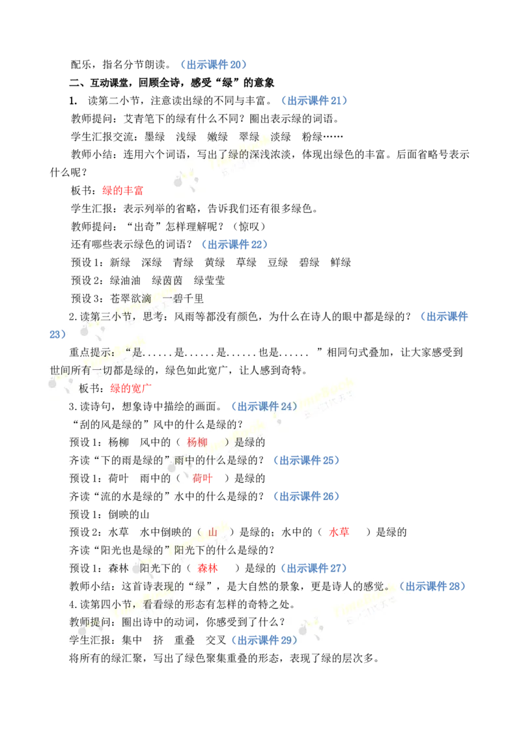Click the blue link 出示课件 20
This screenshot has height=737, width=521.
[214, 65]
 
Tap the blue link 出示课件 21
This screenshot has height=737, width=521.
[315, 100]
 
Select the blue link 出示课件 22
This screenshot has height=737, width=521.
[234, 244]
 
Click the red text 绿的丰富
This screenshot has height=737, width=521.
[122, 190]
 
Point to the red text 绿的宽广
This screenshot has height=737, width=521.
[131, 388]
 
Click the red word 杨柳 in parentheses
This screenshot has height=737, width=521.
[197, 442]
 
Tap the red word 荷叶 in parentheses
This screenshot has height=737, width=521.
[202, 479]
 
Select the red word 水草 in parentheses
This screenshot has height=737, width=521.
[339, 532]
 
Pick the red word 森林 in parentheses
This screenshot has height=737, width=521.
[207, 568]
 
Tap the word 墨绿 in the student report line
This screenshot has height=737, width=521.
[155, 137]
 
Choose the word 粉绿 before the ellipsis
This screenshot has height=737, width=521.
[312, 137]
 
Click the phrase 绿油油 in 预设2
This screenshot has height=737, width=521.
[125, 281]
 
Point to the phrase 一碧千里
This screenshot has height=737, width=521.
[183, 298]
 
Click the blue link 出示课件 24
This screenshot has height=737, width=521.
[264, 406]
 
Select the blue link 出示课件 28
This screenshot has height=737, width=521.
[432, 586]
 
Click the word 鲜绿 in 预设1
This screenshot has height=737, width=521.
[341, 262]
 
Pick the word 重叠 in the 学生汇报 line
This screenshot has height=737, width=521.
[184, 640]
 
